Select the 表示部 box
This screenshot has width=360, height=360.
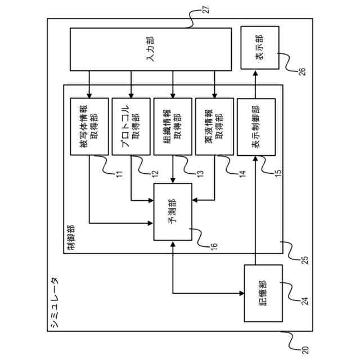tap(260, 48)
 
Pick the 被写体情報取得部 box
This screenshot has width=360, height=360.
tap(89, 127)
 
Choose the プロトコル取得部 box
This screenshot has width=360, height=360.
tap(130, 127)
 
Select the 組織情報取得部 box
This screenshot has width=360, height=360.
tap(172, 127)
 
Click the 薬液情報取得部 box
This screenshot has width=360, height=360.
tap(214, 127)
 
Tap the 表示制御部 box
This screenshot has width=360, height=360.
tap(256, 127)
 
